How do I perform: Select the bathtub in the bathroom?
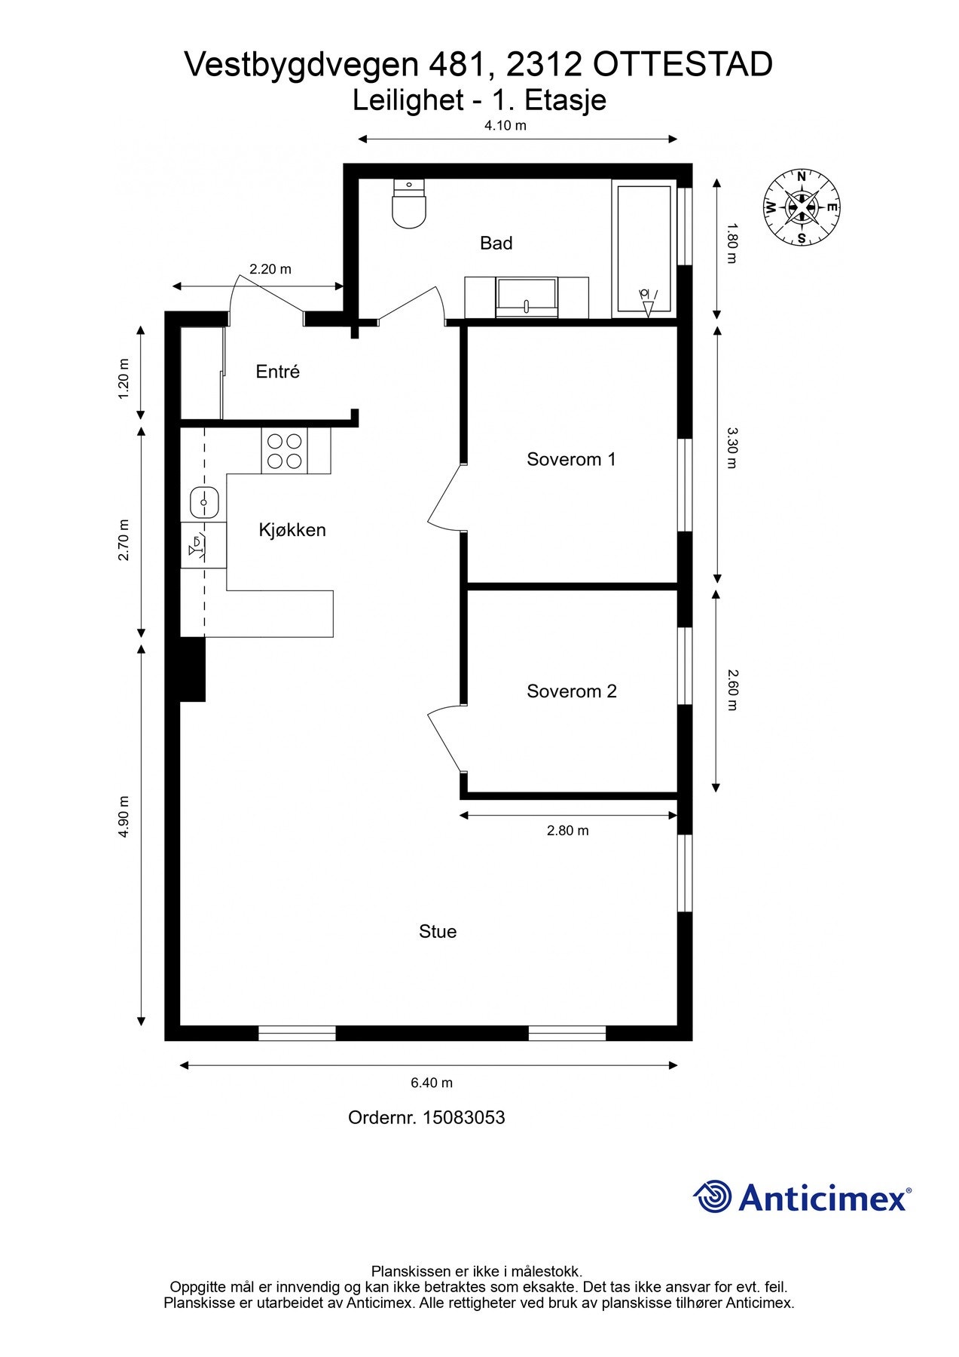click(x=644, y=249)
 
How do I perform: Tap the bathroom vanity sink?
click(x=527, y=297)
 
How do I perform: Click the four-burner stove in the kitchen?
click(x=285, y=451)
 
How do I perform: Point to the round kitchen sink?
click(x=204, y=502)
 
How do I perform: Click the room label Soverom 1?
click(x=571, y=459)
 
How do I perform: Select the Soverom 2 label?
click(x=572, y=691)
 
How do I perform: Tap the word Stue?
click(x=438, y=932)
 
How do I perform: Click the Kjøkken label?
click(x=292, y=530)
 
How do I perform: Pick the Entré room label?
click(x=278, y=372)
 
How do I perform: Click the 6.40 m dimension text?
click(x=432, y=1083)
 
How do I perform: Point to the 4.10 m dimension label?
click(x=505, y=126)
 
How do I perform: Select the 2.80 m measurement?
click(x=568, y=831)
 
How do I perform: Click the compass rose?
click(x=802, y=207)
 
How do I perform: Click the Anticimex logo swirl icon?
click(x=713, y=1197)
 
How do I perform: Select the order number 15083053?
click(x=463, y=1117)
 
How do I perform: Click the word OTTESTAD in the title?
click(x=683, y=65)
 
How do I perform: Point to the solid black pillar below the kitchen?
click(x=192, y=669)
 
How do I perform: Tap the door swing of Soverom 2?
click(x=444, y=739)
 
